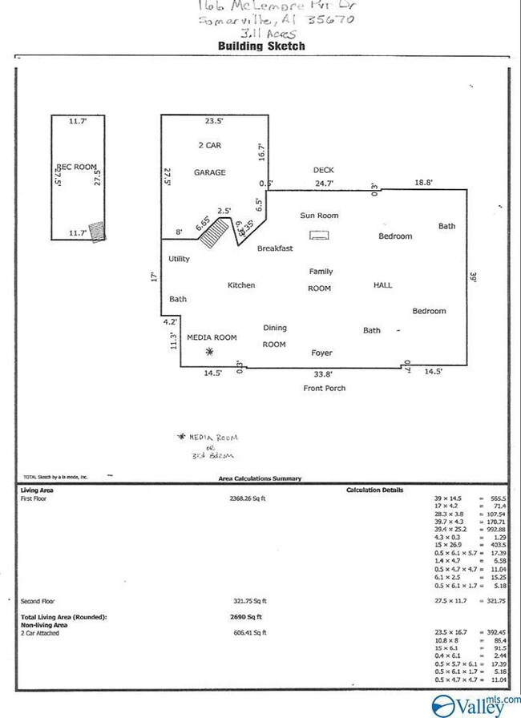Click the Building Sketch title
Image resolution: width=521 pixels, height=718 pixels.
pyautogui.click(x=261, y=46)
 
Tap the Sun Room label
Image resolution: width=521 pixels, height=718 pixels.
pyautogui.click(x=319, y=216)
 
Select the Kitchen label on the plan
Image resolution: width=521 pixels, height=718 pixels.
pyautogui.click(x=241, y=285)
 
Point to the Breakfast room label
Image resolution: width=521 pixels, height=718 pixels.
pyautogui.click(x=275, y=249)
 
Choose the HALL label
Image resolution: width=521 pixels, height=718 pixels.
pyautogui.click(x=384, y=285)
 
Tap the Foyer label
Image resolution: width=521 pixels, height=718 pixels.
pyautogui.click(x=321, y=353)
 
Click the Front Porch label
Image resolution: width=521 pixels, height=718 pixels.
pyautogui.click(x=323, y=389)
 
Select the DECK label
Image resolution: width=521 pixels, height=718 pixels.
pyautogui.click(x=323, y=171)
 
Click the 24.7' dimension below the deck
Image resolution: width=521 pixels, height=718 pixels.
pyautogui.click(x=323, y=184)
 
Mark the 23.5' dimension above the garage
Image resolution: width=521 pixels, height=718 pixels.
pyautogui.click(x=213, y=122)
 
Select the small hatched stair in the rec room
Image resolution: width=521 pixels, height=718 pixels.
pyautogui.click(x=97, y=231)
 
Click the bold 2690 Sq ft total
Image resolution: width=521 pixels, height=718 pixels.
pyautogui.click(x=248, y=617)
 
